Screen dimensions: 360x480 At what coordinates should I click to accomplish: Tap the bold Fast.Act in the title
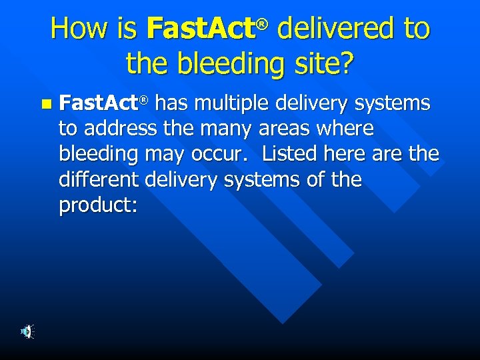click(201, 29)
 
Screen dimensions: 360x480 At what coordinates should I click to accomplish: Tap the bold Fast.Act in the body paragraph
click(99, 103)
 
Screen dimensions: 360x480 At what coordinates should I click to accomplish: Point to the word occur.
click(223, 154)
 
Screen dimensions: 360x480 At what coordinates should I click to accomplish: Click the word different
click(100, 179)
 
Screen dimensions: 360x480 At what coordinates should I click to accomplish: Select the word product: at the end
click(98, 205)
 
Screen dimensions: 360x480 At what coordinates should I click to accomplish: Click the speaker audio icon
click(27, 331)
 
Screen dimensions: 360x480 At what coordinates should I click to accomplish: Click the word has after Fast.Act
click(172, 103)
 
